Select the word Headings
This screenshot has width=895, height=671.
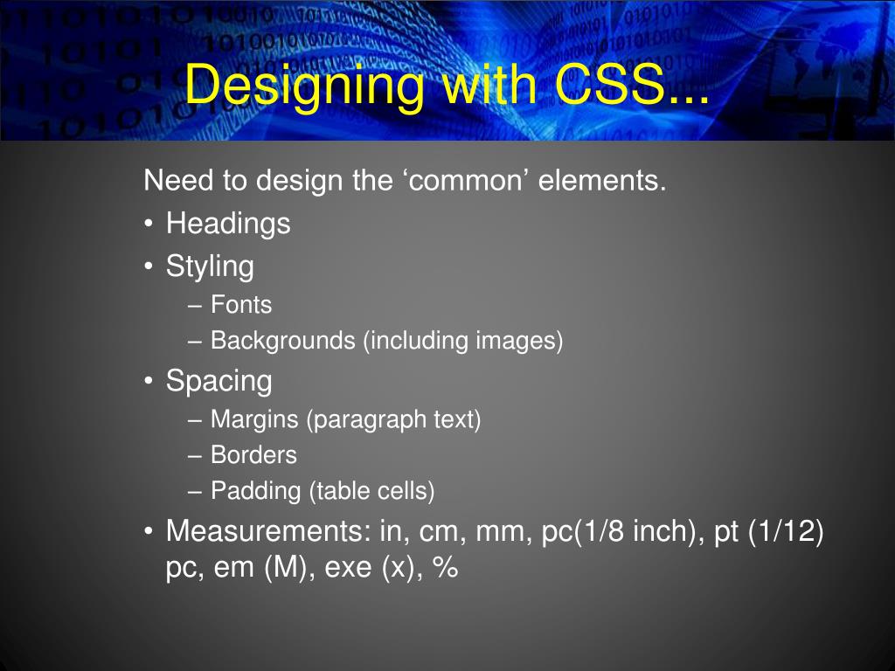point(228,224)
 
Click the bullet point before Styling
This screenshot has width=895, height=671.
point(149,266)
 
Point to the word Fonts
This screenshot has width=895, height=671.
point(241,305)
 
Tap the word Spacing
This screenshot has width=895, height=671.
point(219,382)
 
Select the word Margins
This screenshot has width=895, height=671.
point(254,420)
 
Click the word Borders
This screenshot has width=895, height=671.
point(253,455)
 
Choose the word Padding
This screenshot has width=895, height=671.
point(257,491)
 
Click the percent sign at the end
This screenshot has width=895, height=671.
point(445,568)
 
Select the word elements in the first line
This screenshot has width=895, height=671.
point(602,182)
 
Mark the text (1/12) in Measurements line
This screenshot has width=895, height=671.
point(786,531)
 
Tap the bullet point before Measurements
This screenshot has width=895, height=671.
point(149,531)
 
